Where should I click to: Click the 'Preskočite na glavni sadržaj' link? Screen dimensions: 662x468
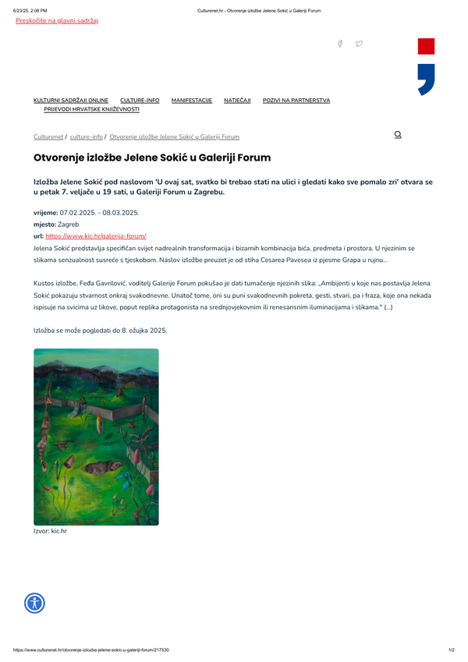point(57,20)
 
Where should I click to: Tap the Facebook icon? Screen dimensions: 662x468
point(340,44)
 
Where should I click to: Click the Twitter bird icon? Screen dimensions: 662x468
point(359,44)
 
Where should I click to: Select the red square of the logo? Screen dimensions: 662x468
point(426,46)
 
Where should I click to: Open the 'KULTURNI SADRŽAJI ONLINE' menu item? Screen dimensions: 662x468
point(71,101)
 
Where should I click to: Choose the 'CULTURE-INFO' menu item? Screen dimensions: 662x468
point(140,101)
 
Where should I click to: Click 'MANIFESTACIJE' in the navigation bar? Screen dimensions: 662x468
point(192,101)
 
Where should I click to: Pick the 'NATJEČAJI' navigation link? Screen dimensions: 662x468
point(237,101)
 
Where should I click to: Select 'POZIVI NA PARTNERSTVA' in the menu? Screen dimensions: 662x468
point(296,101)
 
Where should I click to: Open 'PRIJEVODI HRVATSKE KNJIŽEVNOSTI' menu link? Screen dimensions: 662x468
point(91,109)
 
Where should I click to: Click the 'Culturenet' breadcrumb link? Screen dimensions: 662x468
point(48,136)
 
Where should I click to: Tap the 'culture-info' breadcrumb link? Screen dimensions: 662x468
point(86,136)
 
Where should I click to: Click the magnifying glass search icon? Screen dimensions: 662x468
point(398,135)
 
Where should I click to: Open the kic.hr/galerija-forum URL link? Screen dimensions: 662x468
point(96,235)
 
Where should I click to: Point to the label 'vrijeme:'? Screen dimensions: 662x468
point(45,212)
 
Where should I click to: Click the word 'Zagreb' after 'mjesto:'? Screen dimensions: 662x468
point(69,224)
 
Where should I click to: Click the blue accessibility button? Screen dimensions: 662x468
point(35,603)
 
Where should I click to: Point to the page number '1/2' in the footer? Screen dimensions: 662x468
point(452,650)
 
